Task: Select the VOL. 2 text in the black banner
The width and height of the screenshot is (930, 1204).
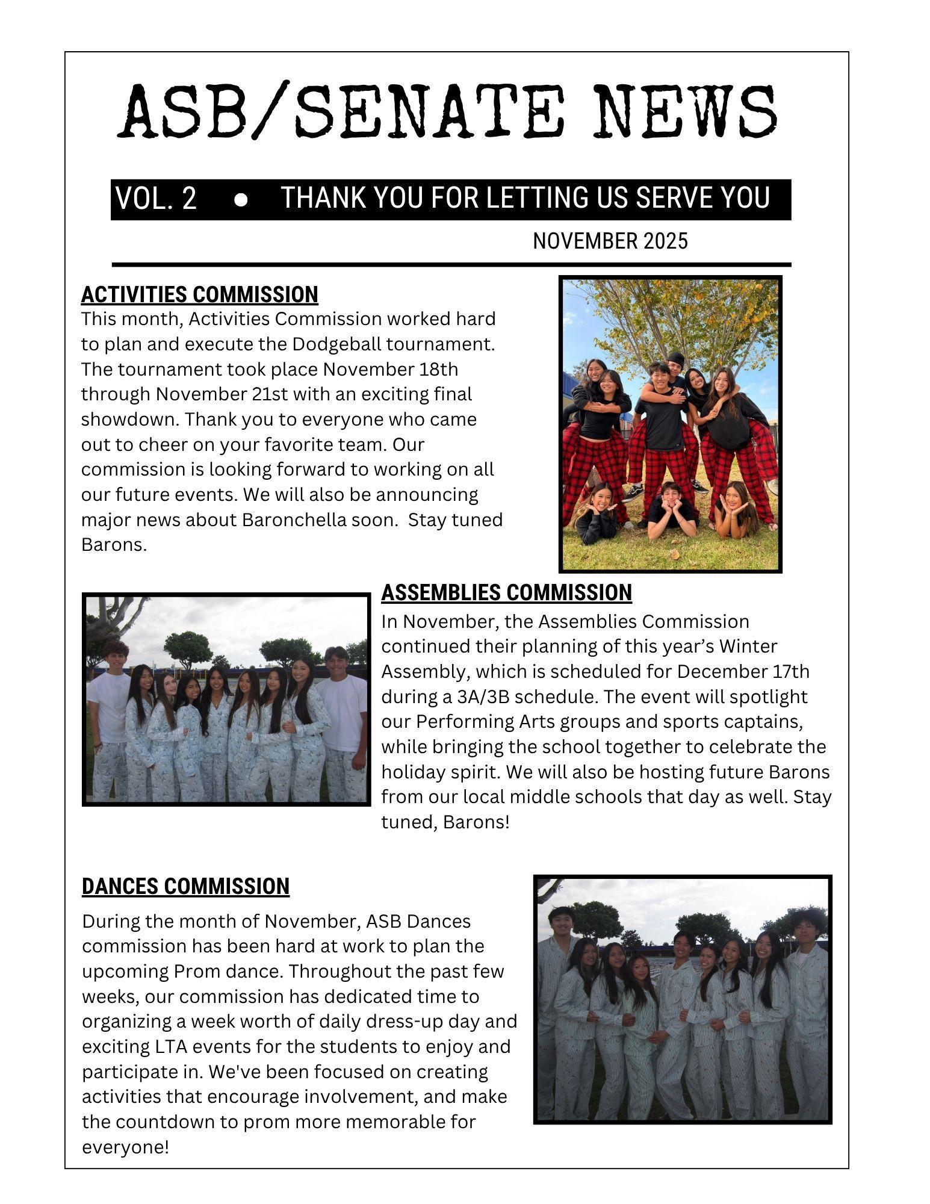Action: (x=156, y=199)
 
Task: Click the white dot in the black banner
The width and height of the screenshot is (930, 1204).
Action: (x=241, y=200)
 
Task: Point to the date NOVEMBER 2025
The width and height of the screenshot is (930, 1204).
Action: (x=610, y=241)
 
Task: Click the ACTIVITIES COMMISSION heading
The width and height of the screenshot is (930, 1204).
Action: (x=199, y=294)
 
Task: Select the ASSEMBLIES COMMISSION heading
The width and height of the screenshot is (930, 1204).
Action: (x=506, y=592)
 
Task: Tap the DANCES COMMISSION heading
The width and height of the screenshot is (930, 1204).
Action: (x=185, y=886)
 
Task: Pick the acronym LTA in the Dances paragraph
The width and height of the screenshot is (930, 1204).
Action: (x=169, y=1047)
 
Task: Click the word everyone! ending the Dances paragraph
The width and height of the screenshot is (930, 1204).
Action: (x=125, y=1147)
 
